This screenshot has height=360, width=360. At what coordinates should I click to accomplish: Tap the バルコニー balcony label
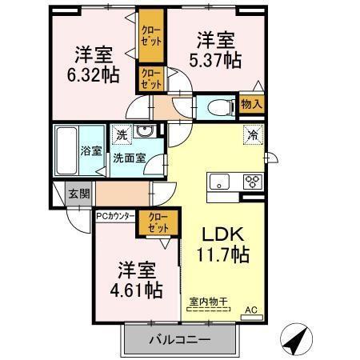point(180,340)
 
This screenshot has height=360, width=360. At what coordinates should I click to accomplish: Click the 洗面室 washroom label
point(128,158)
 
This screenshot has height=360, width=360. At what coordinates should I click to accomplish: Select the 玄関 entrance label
point(78,192)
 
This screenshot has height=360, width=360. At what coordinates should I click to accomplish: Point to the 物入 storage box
point(252,104)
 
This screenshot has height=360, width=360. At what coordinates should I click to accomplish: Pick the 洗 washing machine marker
point(122,134)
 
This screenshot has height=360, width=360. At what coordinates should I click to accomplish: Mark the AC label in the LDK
point(250,310)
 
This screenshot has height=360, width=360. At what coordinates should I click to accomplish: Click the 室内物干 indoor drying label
point(208,301)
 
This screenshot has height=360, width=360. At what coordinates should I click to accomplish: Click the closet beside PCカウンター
point(158,222)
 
